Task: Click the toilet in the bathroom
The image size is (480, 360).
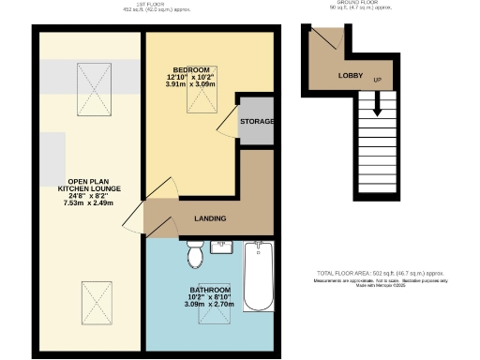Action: point(195,254)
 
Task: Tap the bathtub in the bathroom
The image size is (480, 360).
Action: point(258,276)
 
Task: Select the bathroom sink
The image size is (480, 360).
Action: point(223,247)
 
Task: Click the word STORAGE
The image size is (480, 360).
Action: point(257,122)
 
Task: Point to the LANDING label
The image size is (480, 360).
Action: point(209,218)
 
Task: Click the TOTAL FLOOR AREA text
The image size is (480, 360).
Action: point(381,271)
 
